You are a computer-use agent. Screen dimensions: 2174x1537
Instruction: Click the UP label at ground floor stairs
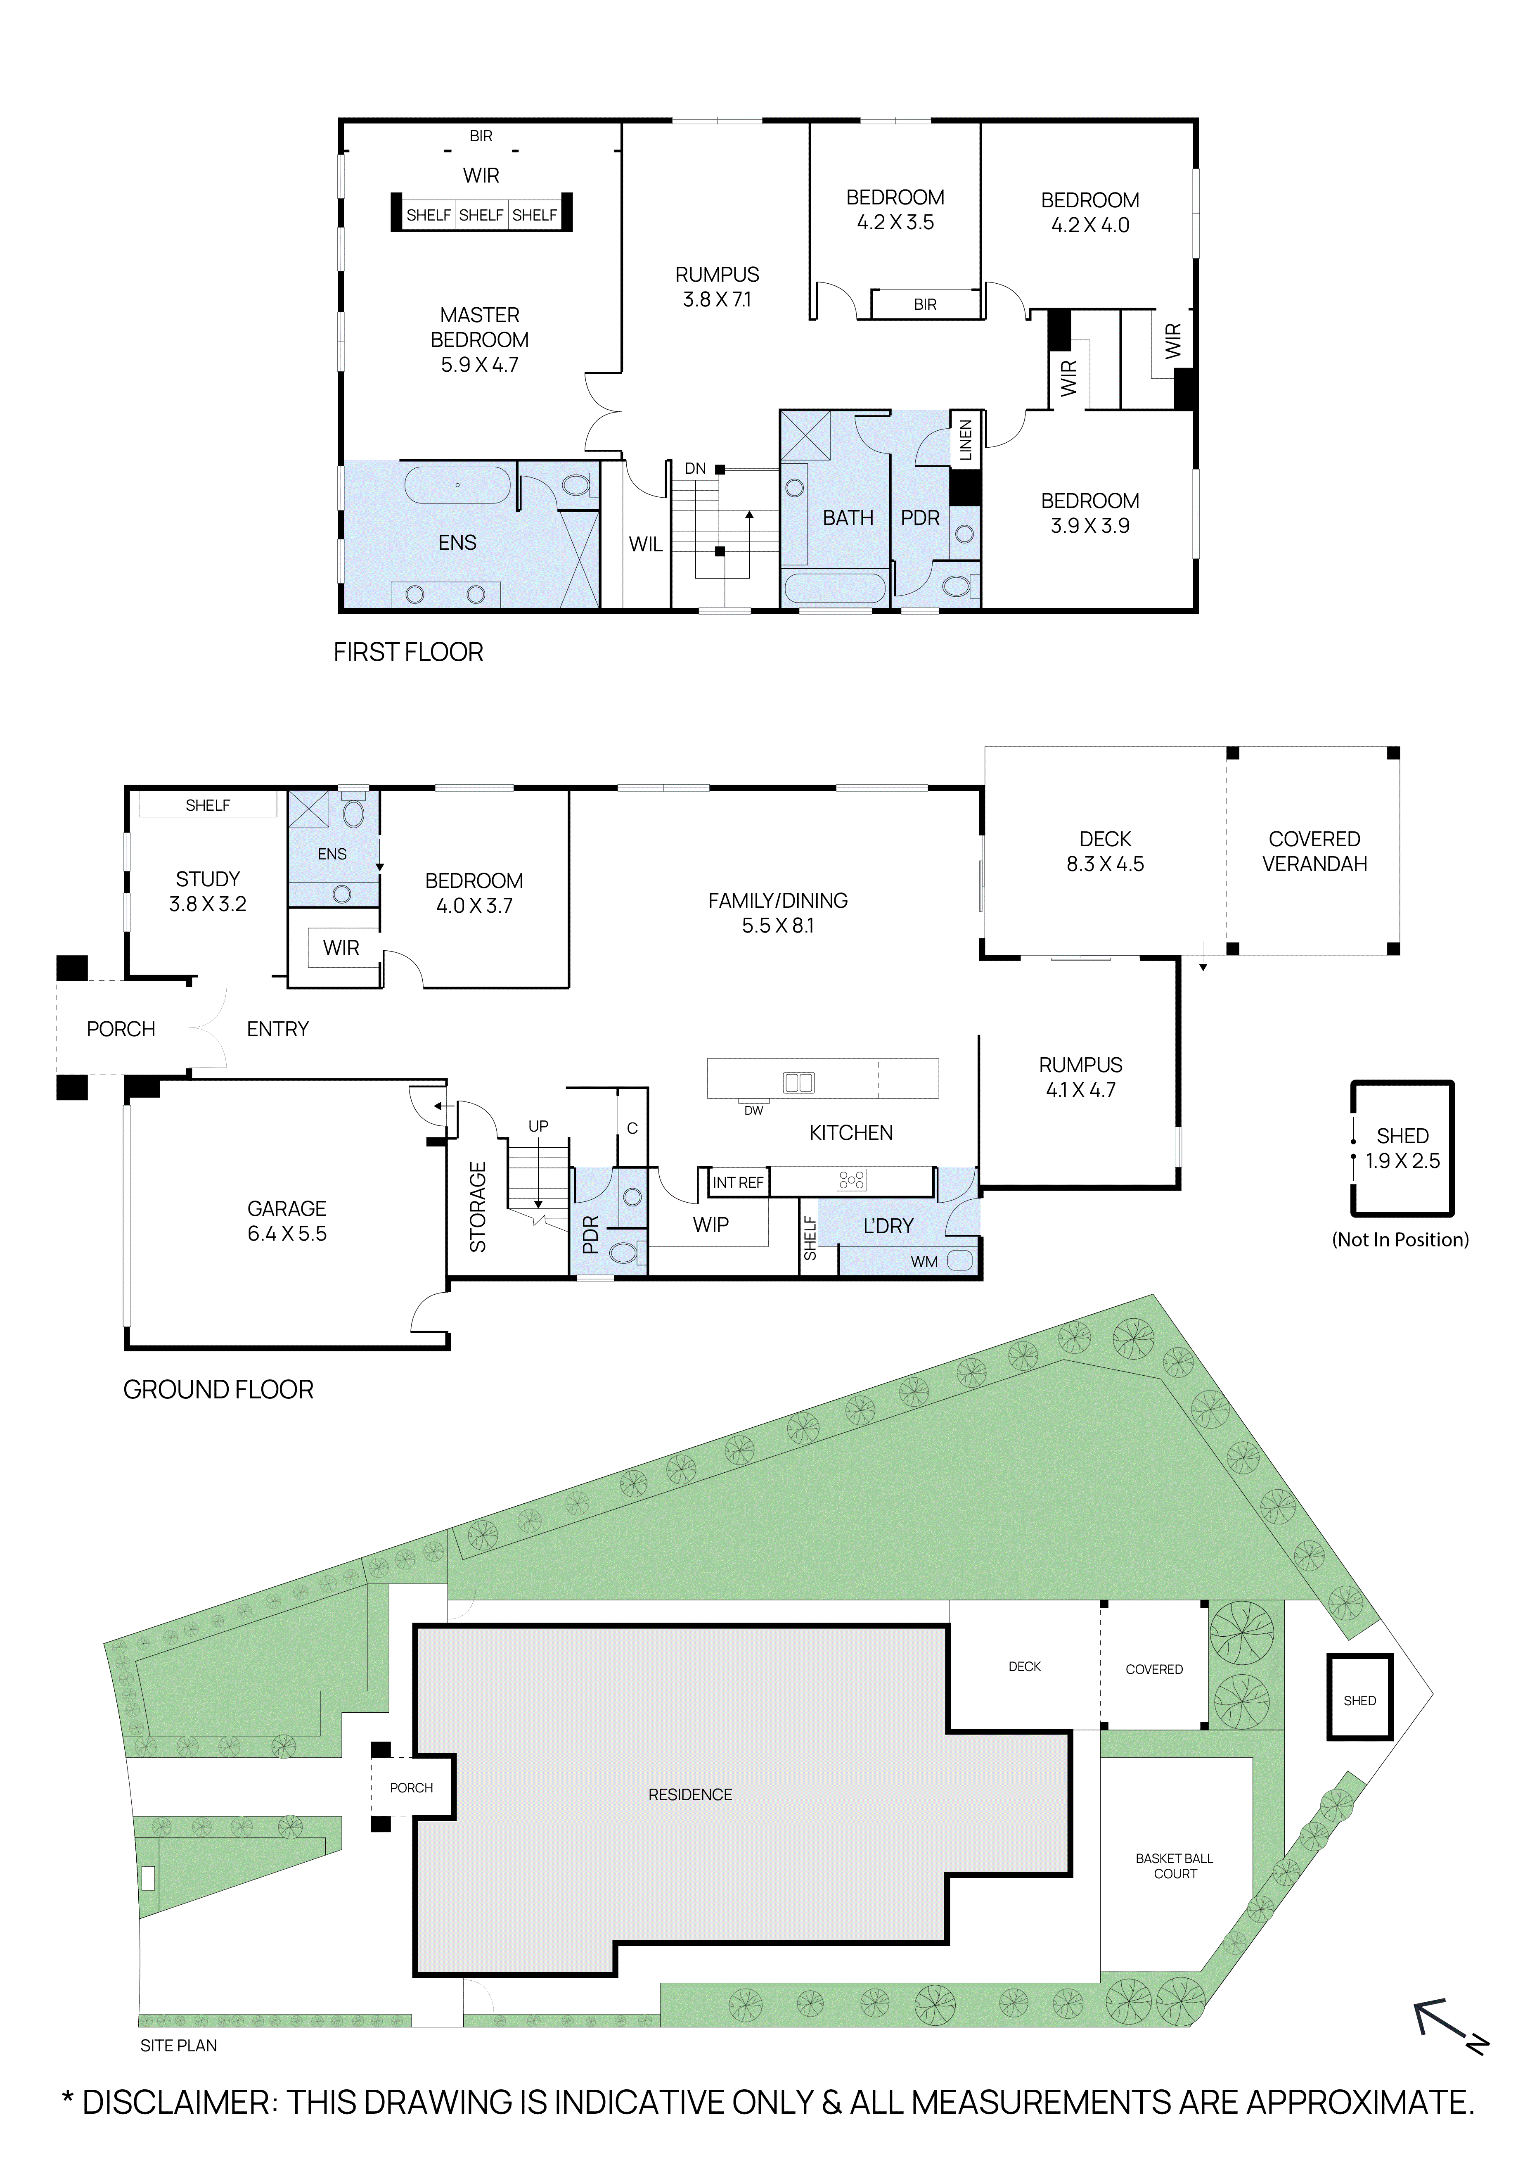point(538,1126)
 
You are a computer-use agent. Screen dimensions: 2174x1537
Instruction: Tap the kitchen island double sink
point(799,1082)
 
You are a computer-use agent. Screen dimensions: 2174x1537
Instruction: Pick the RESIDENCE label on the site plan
point(690,1794)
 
